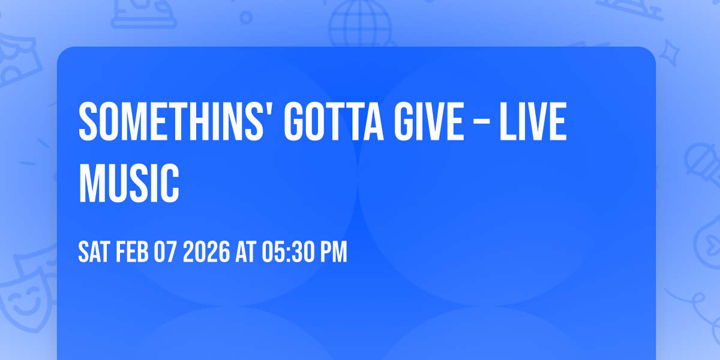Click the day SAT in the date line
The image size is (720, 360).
pyautogui.click(x=93, y=253)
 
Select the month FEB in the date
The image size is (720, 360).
pyautogui.click(x=131, y=253)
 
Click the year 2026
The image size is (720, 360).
pyautogui.click(x=205, y=253)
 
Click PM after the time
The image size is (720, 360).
pyautogui.click(x=333, y=253)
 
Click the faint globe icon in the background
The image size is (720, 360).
pyautogui.click(x=359, y=21)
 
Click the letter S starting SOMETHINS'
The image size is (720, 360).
pyautogui.click(x=88, y=122)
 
